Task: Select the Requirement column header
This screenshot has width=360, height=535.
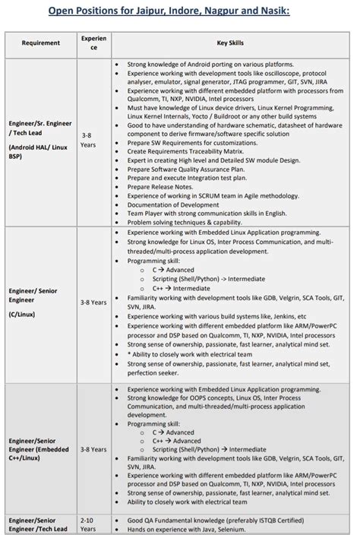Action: tap(40, 43)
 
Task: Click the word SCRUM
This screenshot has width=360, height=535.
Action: tap(201, 195)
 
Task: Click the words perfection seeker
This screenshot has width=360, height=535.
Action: tap(154, 373)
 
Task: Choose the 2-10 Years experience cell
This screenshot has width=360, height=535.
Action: tap(88, 524)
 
